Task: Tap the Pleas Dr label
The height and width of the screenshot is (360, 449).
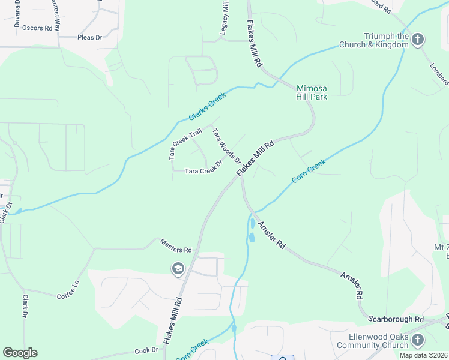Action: tap(91, 37)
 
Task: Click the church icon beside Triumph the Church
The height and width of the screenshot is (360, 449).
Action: tap(418, 40)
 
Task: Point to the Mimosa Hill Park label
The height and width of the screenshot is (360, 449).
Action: tap(312, 92)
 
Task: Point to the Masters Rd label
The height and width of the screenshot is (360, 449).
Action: tap(176, 245)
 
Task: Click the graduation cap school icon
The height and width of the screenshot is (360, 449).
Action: tap(178, 269)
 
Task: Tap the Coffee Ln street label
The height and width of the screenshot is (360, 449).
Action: tap(68, 288)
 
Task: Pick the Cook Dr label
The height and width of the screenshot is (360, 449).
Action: tap(146, 350)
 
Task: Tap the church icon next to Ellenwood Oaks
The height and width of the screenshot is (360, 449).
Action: tap(418, 341)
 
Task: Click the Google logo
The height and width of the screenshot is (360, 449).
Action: tap(20, 353)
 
